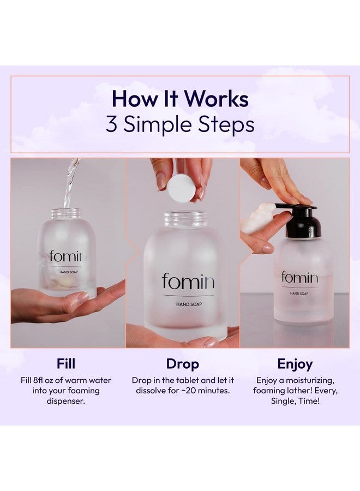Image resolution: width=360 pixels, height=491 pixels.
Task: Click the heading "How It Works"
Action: point(180,99)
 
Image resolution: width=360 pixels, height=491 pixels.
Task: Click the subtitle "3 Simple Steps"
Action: point(180,124)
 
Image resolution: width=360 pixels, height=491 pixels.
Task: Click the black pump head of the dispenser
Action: point(301,220)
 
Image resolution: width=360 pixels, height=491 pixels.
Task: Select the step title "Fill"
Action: point(66,363)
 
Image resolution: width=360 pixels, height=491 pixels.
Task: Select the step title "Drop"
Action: point(183,364)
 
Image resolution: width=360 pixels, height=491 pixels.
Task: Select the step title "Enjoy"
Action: point(295,364)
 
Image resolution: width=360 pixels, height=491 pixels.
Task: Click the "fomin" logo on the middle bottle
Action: point(188,281)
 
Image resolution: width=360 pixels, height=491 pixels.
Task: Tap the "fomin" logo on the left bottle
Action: point(68,256)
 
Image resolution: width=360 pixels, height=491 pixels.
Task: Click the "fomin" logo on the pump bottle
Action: point(299,277)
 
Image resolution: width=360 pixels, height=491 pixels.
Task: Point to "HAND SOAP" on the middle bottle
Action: point(189,304)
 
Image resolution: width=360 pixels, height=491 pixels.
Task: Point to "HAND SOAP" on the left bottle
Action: point(69,272)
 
